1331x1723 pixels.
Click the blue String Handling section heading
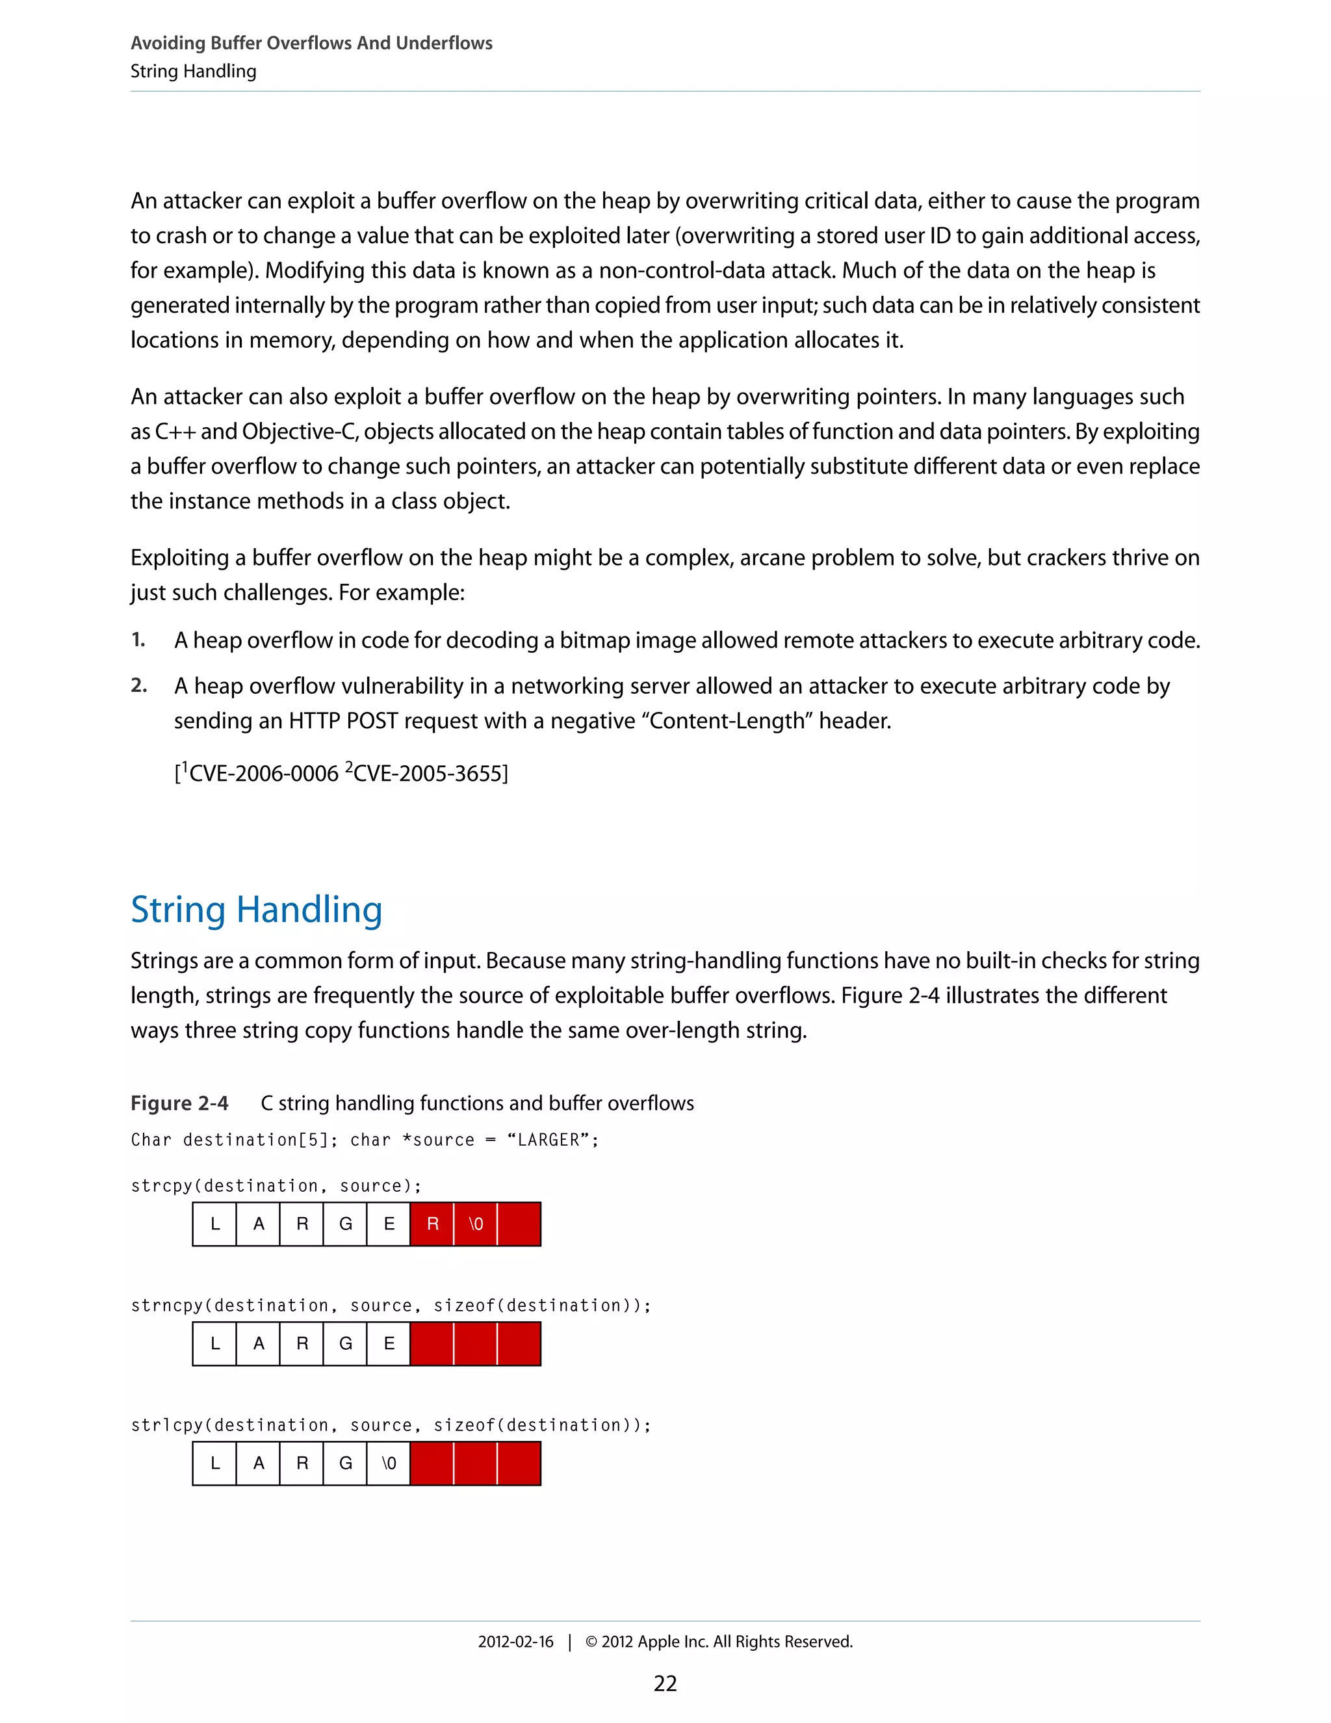click(x=256, y=910)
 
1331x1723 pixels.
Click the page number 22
click(x=665, y=1683)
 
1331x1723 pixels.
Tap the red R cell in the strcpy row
click(x=432, y=1224)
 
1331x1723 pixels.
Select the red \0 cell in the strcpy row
click(x=476, y=1224)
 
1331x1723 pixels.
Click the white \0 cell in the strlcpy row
click(x=389, y=1464)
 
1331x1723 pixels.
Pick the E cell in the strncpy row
click(x=389, y=1343)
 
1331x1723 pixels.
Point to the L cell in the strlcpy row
click(x=214, y=1464)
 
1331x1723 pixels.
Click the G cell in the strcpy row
click(x=345, y=1224)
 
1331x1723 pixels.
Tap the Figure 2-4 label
click(x=179, y=1103)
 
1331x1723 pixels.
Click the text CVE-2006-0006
click(x=263, y=774)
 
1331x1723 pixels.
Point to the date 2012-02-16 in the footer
click(x=515, y=1642)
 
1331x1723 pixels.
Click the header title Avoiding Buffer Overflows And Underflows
click(x=311, y=44)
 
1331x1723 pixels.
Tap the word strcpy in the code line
click(x=162, y=1186)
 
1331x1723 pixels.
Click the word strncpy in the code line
click(x=166, y=1306)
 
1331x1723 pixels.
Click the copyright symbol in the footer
click(x=591, y=1642)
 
